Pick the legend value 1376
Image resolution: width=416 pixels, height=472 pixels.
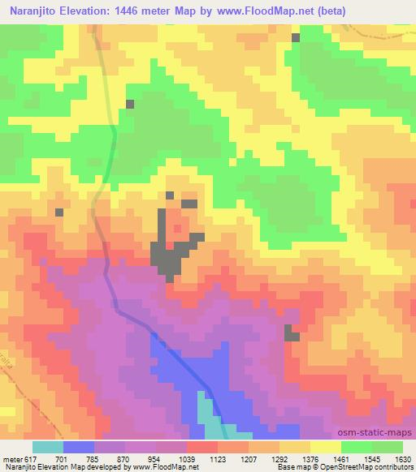301,457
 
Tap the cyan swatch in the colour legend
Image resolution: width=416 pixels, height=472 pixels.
48,447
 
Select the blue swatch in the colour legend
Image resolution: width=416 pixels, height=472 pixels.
79,447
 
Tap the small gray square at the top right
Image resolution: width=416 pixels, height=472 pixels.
296,37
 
